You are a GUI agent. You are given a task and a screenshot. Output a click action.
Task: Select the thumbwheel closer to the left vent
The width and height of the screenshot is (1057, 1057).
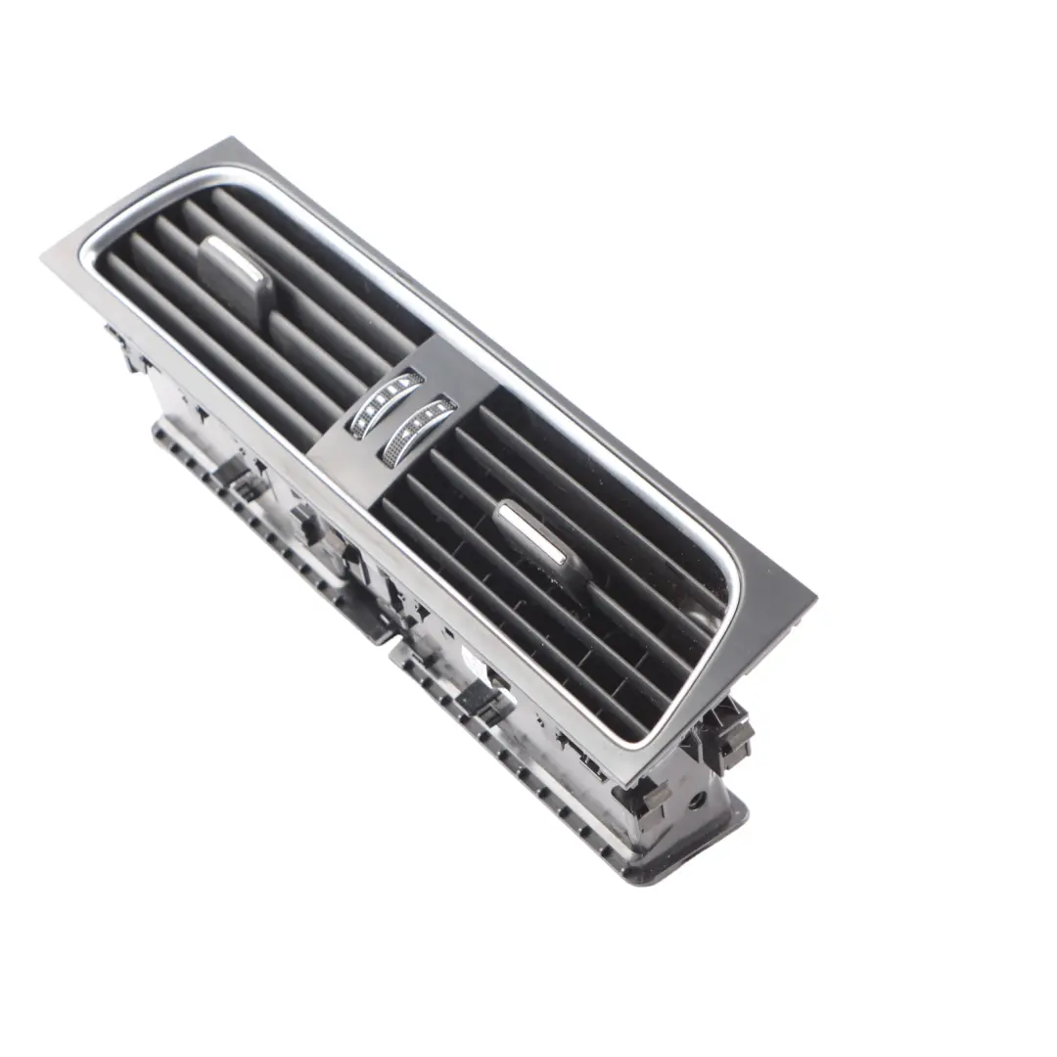[388, 401]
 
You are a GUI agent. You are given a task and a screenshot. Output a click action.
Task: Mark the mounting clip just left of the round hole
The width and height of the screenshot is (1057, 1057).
[654, 798]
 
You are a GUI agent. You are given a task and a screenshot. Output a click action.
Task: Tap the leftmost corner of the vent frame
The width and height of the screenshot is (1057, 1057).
[45, 256]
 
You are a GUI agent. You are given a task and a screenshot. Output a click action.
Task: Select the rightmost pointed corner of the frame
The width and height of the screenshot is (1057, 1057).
[814, 595]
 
